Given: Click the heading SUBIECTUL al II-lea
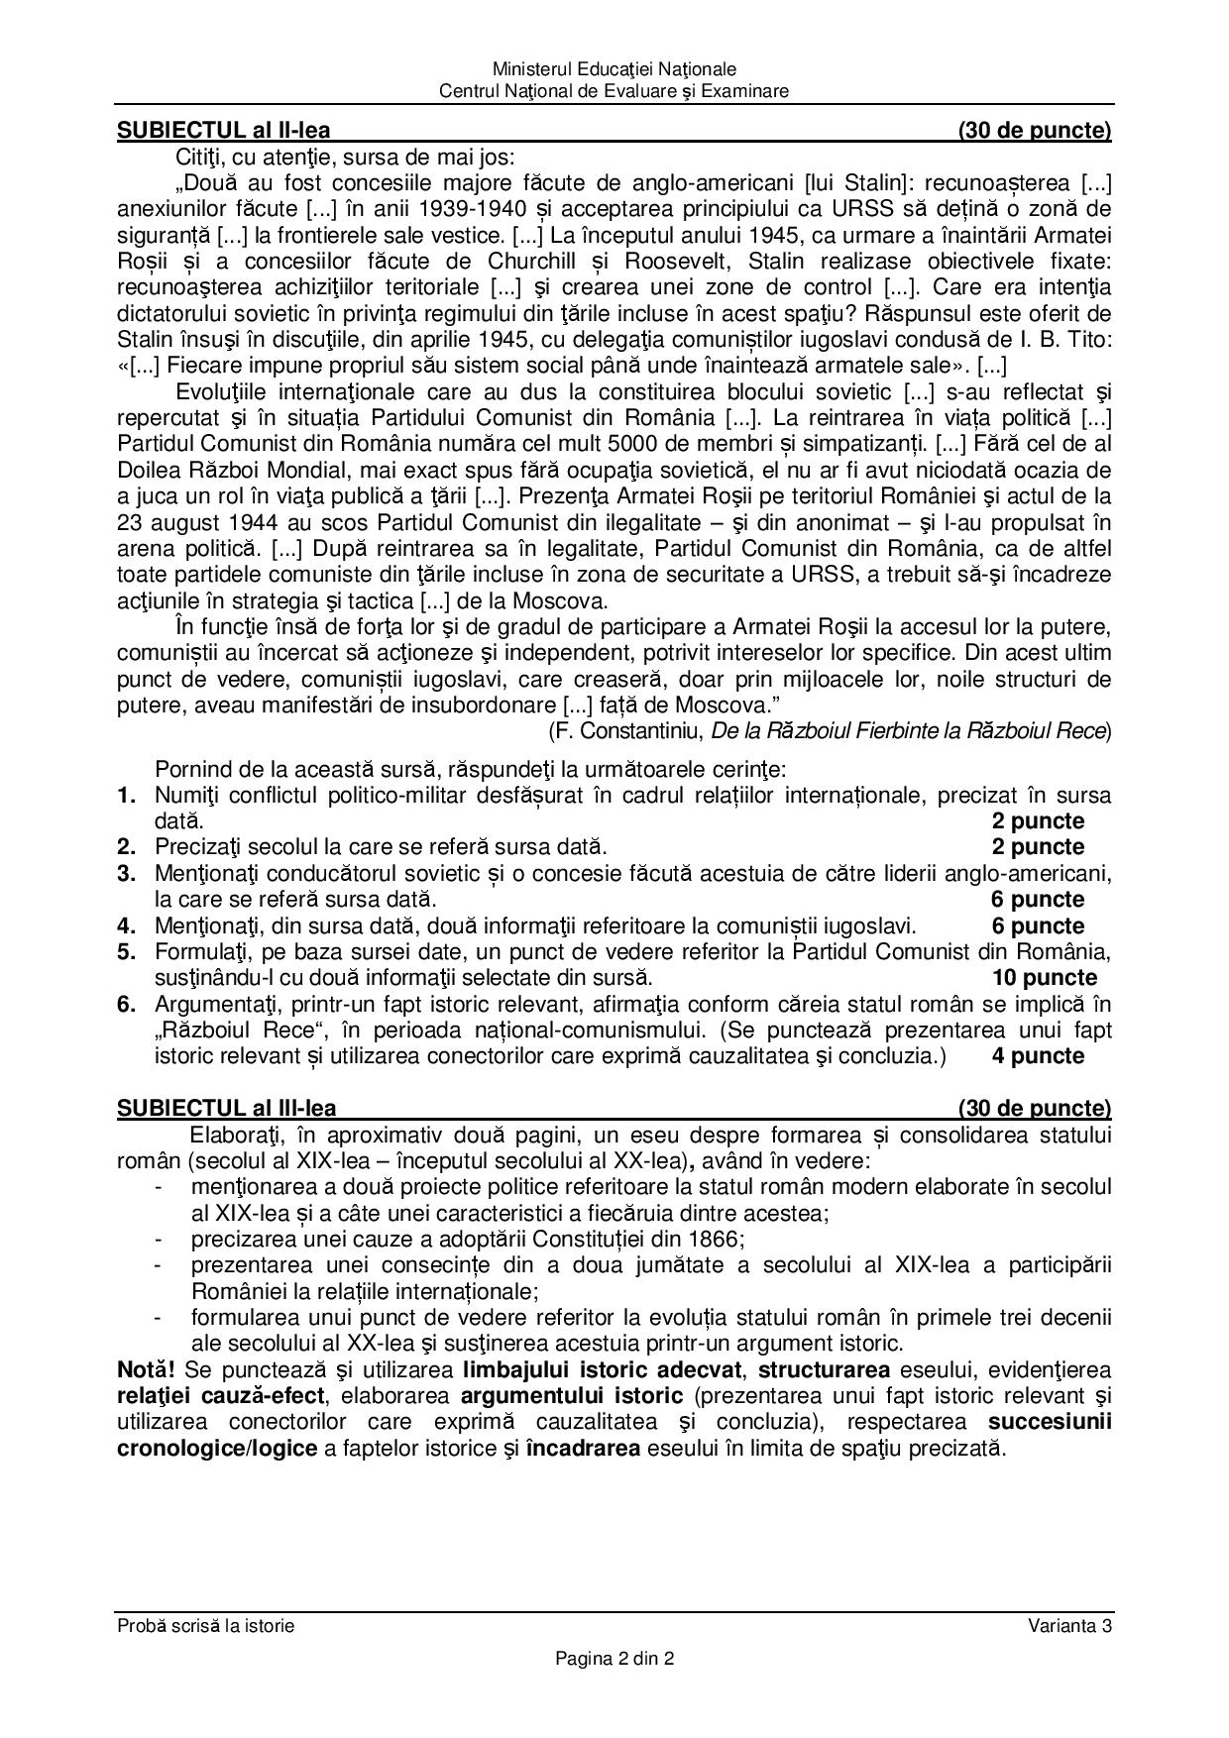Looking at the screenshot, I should click(x=224, y=130).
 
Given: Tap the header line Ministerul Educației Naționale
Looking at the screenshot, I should click(x=614, y=69).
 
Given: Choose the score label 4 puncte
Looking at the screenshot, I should click(x=1038, y=1056).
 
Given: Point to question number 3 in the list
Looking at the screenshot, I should click(x=126, y=874).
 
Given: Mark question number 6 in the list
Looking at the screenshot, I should click(x=126, y=1005).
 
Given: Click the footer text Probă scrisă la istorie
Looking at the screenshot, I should click(x=206, y=1625).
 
